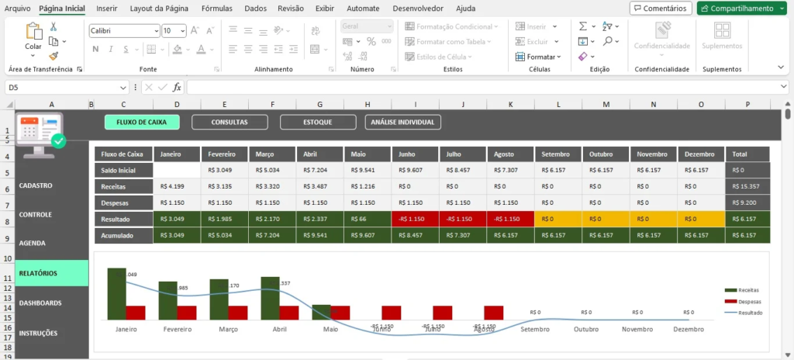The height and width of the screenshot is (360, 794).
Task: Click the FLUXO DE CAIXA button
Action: [142, 122]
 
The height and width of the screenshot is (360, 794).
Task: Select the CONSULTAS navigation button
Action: [230, 122]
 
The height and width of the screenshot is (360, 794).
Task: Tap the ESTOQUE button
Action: [317, 122]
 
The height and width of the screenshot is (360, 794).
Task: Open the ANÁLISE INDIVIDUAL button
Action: [402, 122]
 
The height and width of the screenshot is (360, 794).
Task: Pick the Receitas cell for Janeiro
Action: [177, 186]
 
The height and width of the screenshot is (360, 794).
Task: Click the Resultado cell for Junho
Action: [416, 219]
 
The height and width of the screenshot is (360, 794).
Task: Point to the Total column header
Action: [747, 154]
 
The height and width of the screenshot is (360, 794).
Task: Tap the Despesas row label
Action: [123, 202]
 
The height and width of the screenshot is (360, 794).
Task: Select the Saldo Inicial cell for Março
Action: [272, 170]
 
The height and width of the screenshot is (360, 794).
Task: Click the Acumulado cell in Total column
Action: [747, 234]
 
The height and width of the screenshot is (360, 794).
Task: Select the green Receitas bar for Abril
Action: [270, 298]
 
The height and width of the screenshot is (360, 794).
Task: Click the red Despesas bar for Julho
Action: [442, 313]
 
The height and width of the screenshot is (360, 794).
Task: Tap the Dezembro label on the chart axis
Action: [688, 329]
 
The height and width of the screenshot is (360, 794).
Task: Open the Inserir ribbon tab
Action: [107, 9]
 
